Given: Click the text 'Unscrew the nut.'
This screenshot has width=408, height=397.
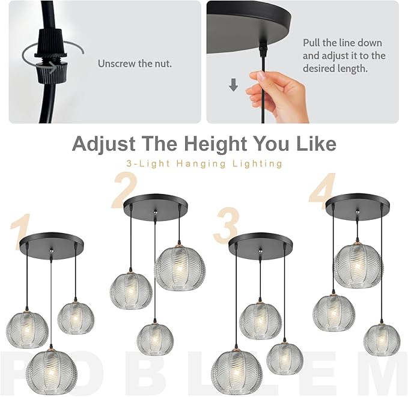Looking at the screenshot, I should click(135, 64).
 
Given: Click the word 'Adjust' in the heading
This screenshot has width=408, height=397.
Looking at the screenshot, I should click(104, 144).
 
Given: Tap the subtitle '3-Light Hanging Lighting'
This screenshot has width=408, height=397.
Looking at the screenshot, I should click(204, 163).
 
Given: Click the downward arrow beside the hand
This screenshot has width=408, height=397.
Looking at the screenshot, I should click(234, 86).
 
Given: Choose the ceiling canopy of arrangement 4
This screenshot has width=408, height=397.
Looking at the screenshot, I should click(358, 206).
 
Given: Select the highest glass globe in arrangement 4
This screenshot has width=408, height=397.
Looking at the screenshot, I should click(358, 264).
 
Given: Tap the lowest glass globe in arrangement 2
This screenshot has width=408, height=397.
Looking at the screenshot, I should click(155, 339).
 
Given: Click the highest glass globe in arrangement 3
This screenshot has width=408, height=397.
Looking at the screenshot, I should click(260, 320).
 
